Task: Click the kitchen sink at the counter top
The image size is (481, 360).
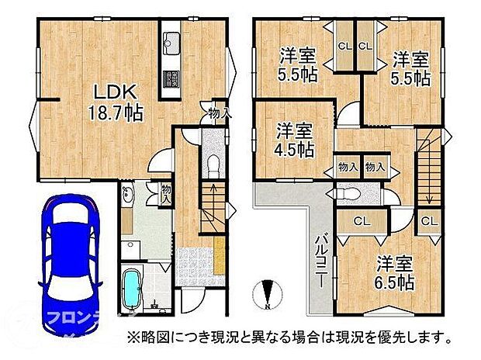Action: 171,40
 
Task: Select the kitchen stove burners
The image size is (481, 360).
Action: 171,77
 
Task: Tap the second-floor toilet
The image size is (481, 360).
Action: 350,192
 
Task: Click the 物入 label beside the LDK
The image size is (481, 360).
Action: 220,113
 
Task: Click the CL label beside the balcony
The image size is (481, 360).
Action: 361,221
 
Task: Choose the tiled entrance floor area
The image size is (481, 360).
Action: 194,259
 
